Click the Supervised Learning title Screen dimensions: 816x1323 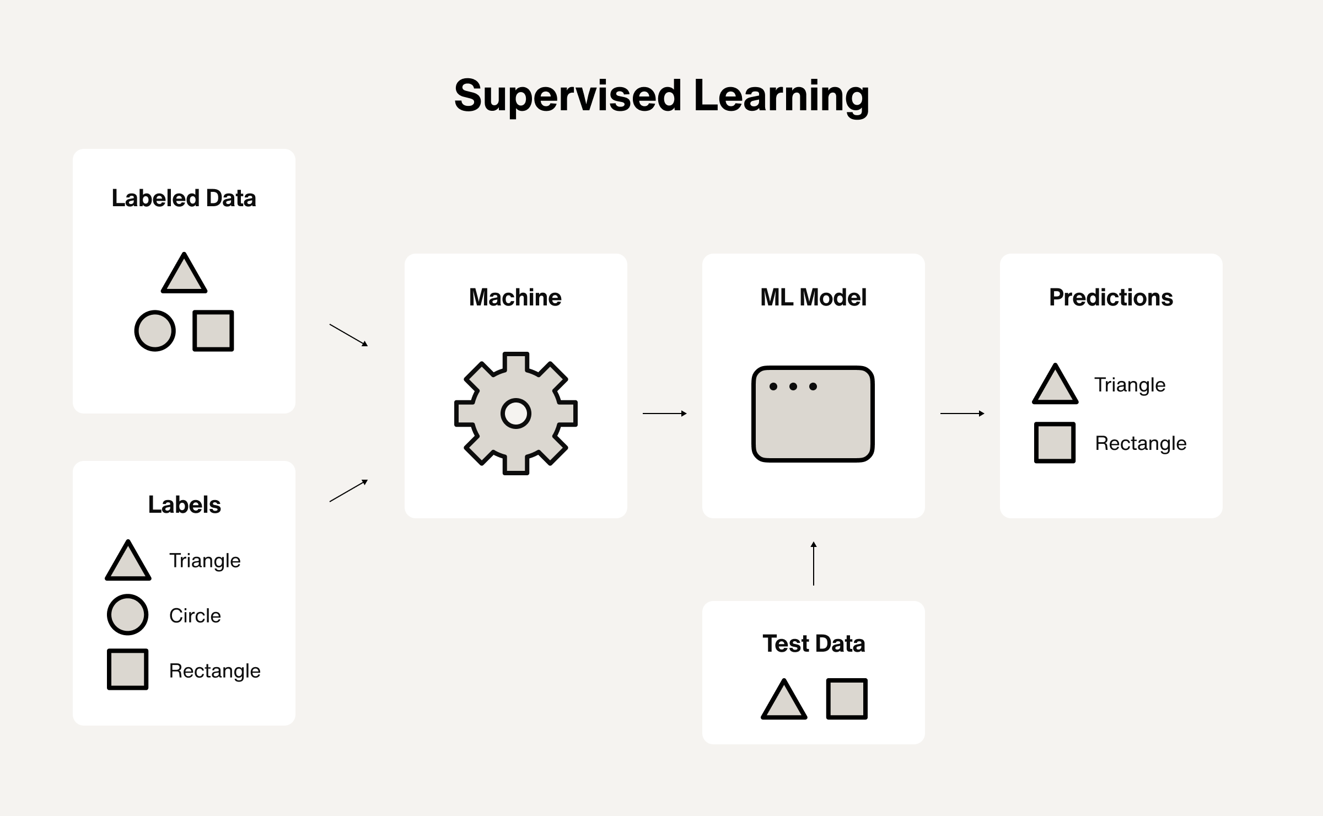[661, 96]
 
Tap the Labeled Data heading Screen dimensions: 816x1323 [184, 198]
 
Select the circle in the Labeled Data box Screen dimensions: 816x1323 [155, 331]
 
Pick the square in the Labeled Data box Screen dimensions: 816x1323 [213, 331]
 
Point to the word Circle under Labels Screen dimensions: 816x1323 [195, 615]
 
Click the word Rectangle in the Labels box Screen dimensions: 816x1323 [214, 670]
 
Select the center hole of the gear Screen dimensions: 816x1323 [516, 414]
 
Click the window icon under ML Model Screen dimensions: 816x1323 [813, 414]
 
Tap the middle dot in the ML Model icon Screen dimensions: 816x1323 [793, 386]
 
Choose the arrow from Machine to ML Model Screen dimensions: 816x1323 [665, 414]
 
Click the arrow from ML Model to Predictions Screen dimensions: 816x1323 [962, 414]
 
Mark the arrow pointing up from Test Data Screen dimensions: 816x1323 [814, 563]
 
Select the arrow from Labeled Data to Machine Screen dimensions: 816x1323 [348, 335]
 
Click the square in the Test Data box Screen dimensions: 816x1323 [847, 699]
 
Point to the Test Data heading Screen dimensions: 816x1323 [814, 644]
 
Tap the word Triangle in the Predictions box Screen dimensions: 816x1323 [1130, 385]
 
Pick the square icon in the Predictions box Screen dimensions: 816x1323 [1055, 443]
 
